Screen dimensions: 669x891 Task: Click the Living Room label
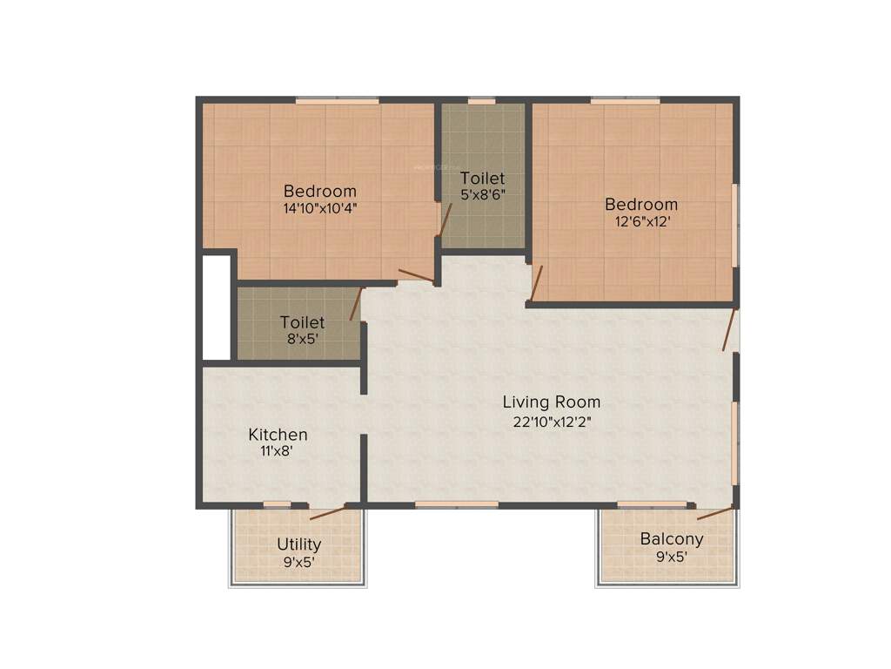[552, 402]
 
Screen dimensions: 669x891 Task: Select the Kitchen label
[278, 434]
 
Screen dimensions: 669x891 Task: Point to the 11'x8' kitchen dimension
[278, 451]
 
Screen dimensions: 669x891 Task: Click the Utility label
[299, 544]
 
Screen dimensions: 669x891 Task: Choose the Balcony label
[672, 539]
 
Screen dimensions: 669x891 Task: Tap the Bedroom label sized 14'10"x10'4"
[320, 192]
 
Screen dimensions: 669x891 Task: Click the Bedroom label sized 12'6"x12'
[641, 205]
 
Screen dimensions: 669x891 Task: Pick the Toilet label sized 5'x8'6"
[483, 179]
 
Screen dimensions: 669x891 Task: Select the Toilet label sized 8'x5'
[302, 322]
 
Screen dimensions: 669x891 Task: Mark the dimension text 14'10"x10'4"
[320, 209]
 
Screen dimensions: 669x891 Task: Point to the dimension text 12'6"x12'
[641, 221]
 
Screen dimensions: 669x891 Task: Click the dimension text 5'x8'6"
[483, 196]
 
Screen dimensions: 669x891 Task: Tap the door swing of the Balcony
[713, 513]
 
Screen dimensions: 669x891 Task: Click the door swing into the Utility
[327, 512]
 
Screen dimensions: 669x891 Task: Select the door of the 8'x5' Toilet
[355, 304]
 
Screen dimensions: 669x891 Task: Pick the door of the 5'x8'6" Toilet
[445, 221]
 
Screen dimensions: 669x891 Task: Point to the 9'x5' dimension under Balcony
[672, 557]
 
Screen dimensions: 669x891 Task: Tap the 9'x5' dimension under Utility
[299, 562]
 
